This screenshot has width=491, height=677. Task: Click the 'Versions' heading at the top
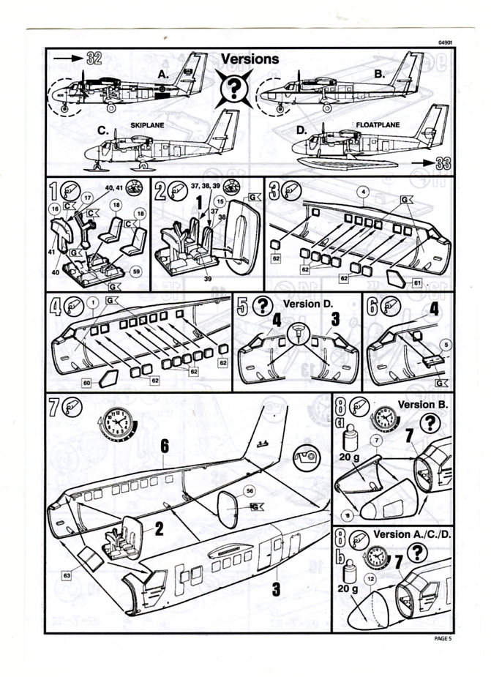250,59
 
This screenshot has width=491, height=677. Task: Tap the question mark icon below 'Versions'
236,89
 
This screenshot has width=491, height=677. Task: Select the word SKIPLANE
147,125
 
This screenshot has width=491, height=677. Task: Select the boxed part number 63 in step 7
67,575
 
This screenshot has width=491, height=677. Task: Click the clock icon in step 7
116,423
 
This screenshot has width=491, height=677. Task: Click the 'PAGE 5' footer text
443,639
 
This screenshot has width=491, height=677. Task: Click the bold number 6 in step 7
165,445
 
